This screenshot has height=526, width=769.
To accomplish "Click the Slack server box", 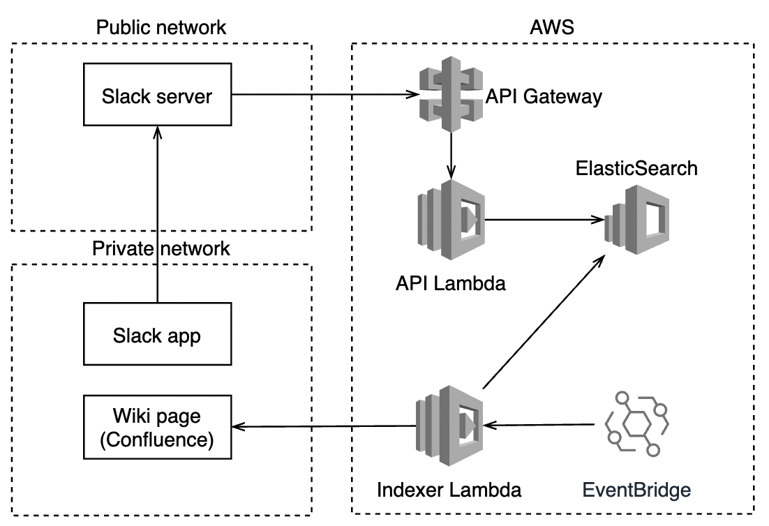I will tap(157, 96).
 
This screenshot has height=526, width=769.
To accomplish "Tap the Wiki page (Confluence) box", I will tap(157, 428).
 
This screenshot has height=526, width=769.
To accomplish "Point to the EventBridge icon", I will tap(636, 423).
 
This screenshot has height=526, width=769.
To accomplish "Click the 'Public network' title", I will tap(161, 27).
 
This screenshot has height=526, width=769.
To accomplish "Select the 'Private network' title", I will tap(161, 249).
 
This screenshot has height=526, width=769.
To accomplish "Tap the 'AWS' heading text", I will tap(552, 27).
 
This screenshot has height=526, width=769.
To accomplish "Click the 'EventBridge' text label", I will tap(637, 489).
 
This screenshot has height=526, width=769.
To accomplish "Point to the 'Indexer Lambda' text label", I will tap(449, 489).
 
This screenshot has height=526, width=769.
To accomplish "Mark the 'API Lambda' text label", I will tap(450, 284).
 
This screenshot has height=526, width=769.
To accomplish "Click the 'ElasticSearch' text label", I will tap(636, 168).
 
